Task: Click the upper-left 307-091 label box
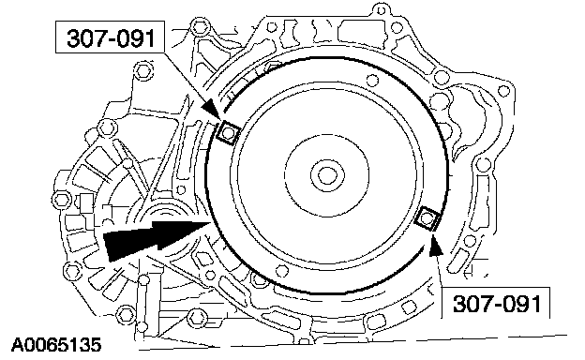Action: coord(110,37)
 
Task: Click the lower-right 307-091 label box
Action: coord(496,303)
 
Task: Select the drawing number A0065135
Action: coord(56,345)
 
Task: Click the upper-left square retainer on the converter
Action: coord(228,132)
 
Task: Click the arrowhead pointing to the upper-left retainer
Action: coord(210,110)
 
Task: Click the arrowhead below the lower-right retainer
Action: coord(435,247)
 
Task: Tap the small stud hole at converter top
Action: coord(371,81)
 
